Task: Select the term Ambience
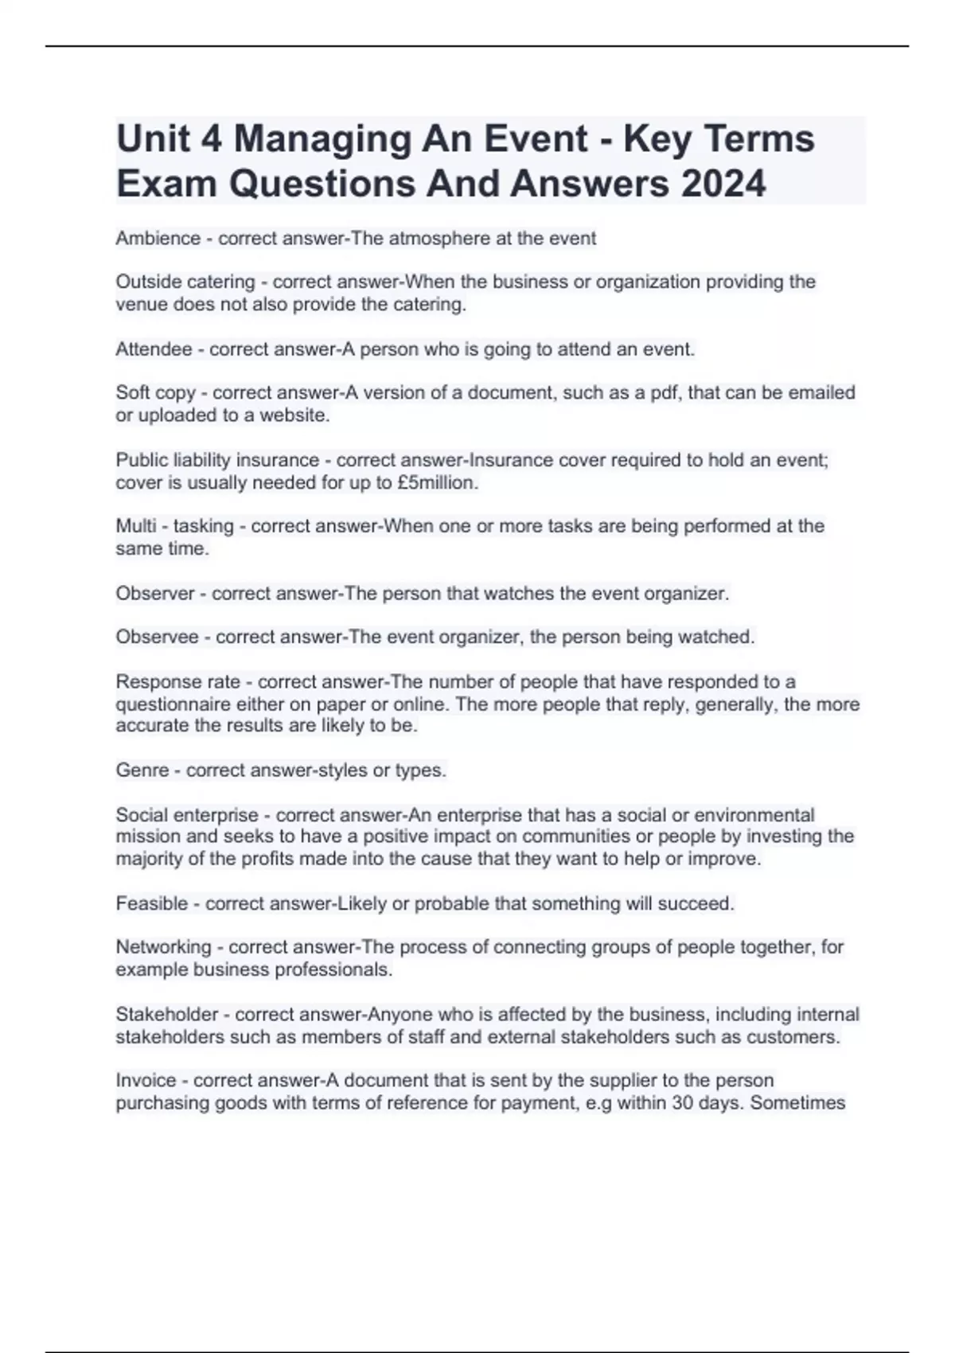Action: point(158,238)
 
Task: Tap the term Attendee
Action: point(154,349)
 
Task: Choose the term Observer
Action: point(155,593)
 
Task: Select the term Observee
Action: point(158,637)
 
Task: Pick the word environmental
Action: point(751,815)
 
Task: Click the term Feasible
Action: point(151,903)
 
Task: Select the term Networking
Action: point(163,947)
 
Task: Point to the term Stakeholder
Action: point(167,1014)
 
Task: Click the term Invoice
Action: point(146,1080)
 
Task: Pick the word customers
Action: point(798,1036)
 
